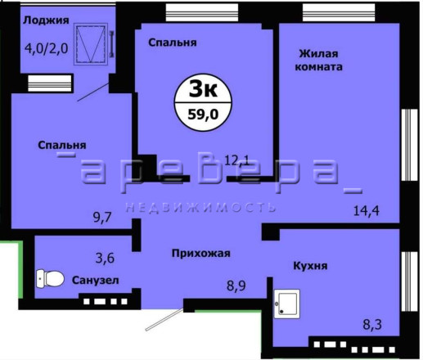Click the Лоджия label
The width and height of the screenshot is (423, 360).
46,20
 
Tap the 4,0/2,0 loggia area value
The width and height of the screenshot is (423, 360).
46,49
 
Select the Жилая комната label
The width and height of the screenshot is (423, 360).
318,61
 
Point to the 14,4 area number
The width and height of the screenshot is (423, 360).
367,210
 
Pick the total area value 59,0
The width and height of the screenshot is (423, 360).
203,115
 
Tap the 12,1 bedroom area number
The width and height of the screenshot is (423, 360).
236,160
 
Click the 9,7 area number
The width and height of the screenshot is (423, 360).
102,218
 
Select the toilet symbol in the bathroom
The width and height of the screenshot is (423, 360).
50,278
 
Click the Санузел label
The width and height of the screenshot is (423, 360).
96,280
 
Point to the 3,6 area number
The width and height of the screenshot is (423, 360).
105,258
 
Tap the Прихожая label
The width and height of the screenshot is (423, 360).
201,254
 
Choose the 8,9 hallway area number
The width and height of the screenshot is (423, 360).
236,286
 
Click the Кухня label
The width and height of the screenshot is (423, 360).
310,266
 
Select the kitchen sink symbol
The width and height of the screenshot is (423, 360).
287,304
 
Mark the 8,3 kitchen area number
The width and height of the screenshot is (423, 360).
372,325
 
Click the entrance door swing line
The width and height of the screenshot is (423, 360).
164,319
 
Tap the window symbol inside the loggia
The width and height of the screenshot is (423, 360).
91,44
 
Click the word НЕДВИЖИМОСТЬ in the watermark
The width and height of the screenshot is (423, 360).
200,208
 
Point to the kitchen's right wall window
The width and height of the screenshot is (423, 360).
410,281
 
